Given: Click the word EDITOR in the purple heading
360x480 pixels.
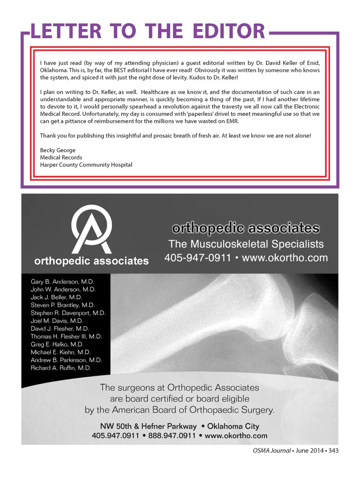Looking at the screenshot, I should point(229,31).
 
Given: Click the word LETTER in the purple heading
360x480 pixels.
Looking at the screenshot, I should point(66,31).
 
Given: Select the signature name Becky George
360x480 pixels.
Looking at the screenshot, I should point(58,150).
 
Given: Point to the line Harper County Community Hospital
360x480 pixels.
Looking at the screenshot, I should point(86,165).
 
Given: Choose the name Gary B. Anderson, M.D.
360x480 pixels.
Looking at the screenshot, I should point(62,282).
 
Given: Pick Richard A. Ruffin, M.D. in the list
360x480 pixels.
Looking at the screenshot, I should point(61,368).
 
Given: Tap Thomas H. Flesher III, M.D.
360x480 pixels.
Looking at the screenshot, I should point(66,336).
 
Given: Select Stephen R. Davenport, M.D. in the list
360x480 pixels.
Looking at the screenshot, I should point(68,313).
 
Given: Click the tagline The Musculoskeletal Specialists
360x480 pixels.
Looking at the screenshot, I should point(246,244).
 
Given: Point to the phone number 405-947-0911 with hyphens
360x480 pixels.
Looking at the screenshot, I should point(198,258).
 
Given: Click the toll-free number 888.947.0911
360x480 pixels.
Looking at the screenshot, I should point(172,436).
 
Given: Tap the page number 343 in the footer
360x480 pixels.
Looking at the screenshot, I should point(333,450).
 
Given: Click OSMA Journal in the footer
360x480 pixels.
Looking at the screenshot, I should point(272,450).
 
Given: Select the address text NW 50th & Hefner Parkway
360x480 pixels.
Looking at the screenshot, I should point(148,426).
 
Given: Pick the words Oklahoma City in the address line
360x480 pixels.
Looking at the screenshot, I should point(233,426).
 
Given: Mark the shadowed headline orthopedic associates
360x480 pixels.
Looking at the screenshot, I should point(246,228).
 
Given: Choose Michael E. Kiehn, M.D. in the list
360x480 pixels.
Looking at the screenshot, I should point(61,352).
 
